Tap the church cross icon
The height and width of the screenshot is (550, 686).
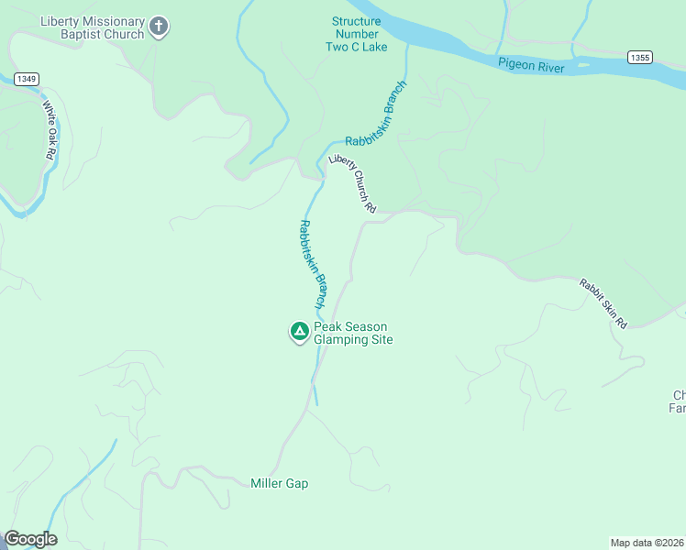159,27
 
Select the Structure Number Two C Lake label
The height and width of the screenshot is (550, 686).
357,34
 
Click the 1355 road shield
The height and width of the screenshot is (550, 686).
640,57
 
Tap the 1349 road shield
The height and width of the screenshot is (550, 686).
26,80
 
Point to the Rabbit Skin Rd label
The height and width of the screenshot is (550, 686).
603,303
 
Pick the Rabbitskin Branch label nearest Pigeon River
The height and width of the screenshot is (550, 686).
376,114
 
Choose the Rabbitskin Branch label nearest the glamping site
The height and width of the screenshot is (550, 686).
313,263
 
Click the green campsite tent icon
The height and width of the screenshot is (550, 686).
299,332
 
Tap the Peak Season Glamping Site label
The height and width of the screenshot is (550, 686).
353,333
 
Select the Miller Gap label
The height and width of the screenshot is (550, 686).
279,483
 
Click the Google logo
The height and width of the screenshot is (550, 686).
30,539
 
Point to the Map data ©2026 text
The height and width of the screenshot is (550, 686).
647,542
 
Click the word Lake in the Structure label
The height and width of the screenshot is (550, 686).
373,47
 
